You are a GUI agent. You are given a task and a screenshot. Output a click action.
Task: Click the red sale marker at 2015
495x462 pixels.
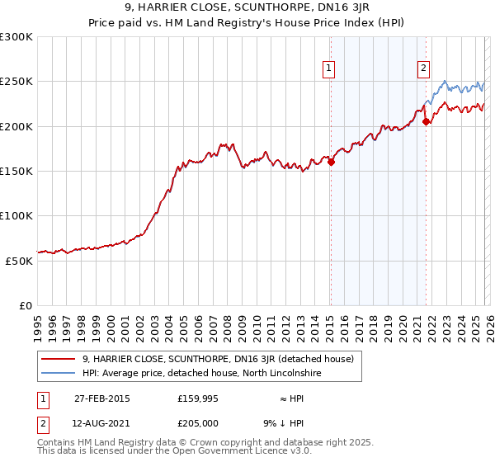coord(331,163)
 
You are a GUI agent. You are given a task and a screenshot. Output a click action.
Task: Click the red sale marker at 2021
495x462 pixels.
coord(427,122)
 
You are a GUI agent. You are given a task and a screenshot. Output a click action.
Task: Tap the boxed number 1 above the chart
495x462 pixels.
coord(329,68)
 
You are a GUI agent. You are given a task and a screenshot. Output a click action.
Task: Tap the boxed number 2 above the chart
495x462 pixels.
coord(423,68)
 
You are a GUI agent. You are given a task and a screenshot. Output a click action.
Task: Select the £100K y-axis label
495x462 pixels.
coord(16,215)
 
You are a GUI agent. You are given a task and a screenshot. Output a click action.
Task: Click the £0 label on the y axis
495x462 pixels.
coord(25,305)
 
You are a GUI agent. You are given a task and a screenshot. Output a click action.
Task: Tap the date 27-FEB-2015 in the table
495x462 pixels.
coord(101,398)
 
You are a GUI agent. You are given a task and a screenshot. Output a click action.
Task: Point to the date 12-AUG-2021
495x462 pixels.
coord(102,423)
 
